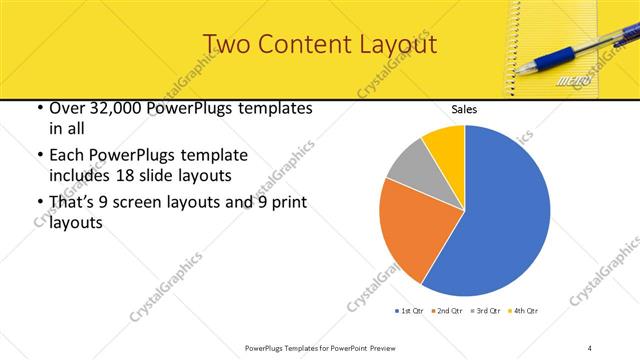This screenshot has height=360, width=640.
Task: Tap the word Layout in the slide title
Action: coord(398,45)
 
